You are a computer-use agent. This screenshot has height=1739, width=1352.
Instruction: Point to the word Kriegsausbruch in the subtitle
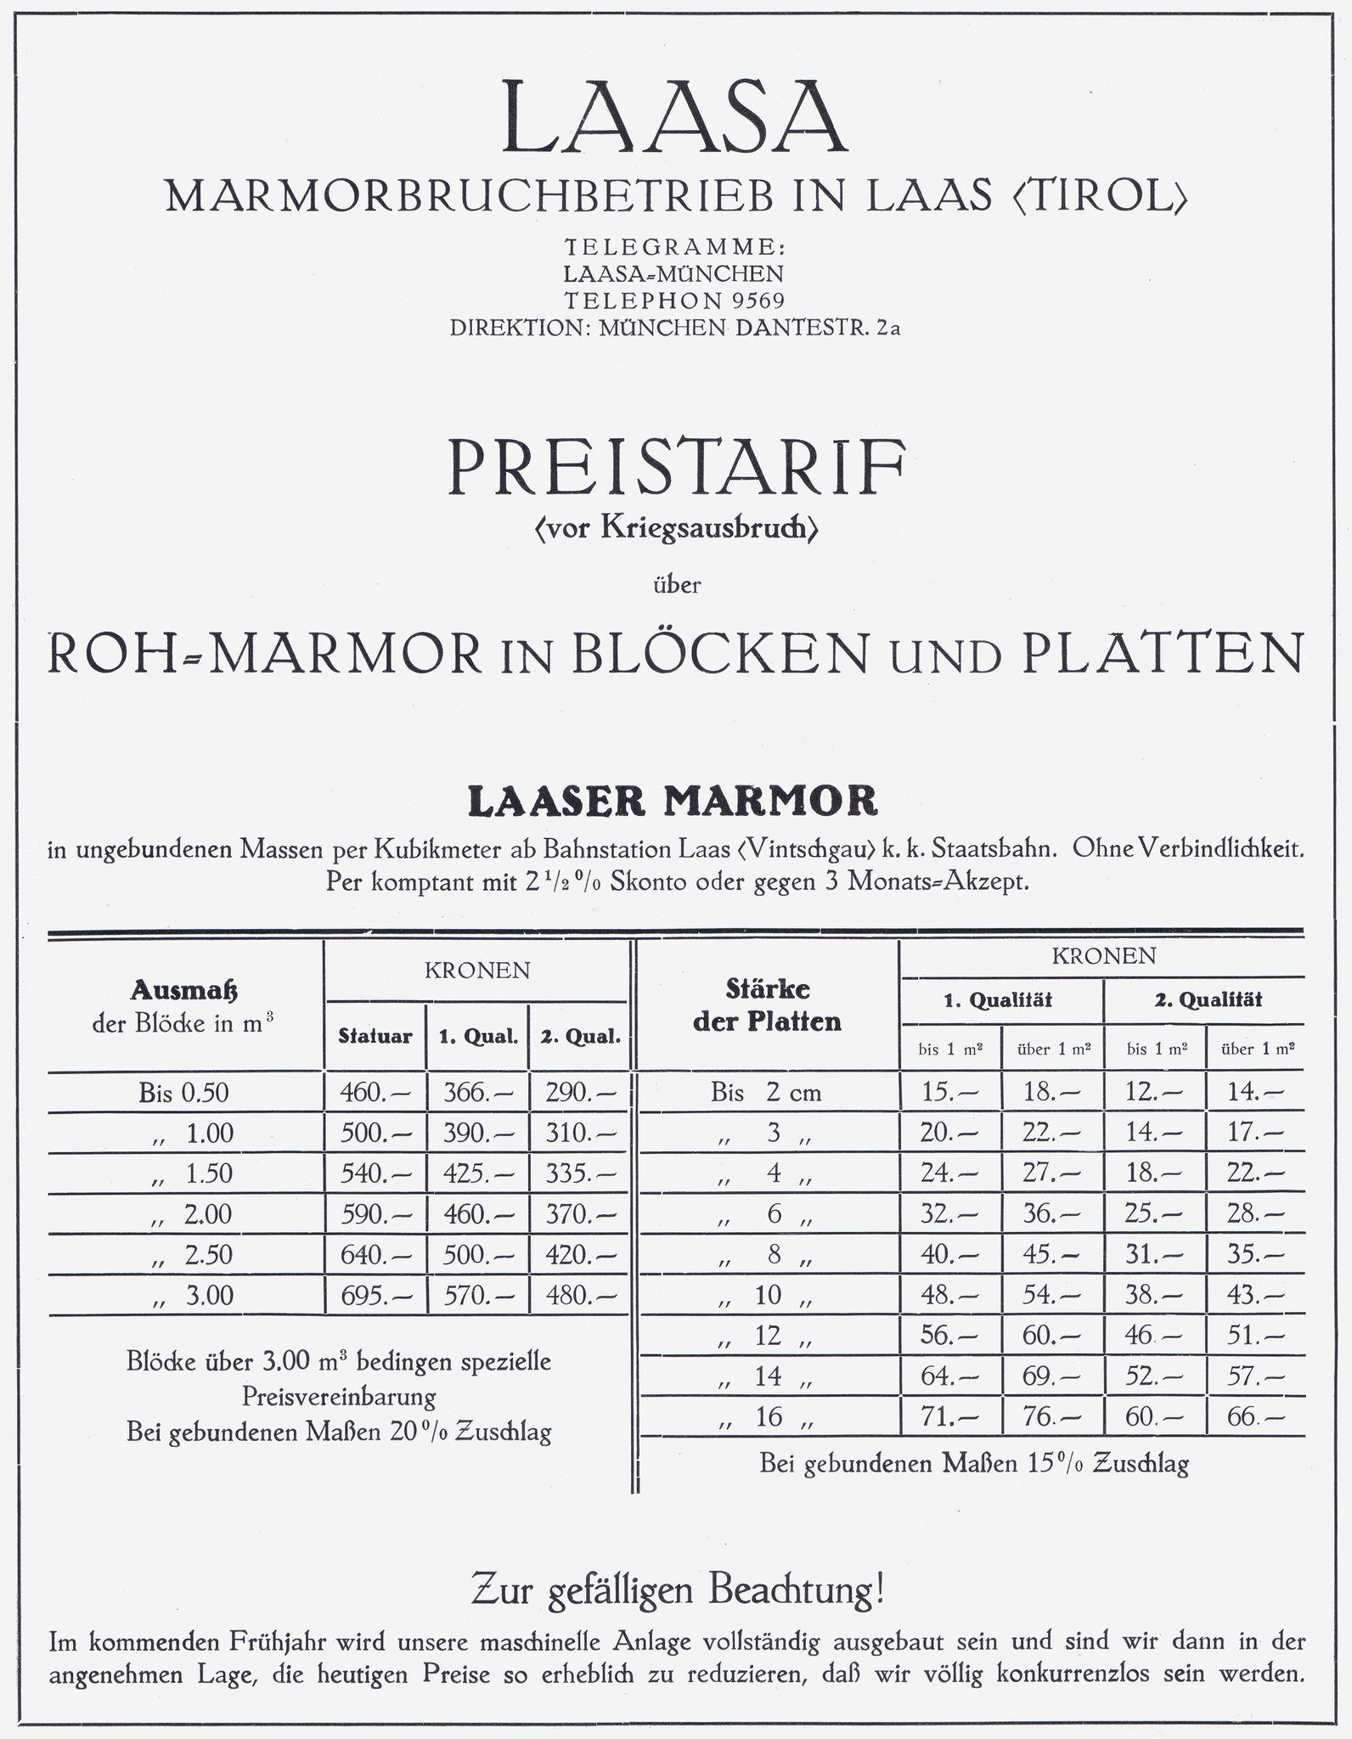[708, 528]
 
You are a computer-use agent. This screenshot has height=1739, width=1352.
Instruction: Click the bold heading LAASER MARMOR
[673, 801]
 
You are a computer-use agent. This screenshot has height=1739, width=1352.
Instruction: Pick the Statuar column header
[375, 1036]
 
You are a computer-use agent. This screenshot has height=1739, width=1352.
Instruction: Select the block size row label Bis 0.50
[183, 1093]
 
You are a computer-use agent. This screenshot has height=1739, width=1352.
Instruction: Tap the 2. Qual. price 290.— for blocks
[579, 1093]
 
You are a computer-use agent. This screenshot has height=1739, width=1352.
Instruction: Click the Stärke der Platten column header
[767, 1005]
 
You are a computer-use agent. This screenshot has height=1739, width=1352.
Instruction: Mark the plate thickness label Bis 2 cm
[766, 1093]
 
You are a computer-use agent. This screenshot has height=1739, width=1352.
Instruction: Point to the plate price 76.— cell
[1051, 1417]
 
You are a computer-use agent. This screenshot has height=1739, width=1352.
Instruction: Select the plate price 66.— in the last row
[1255, 1417]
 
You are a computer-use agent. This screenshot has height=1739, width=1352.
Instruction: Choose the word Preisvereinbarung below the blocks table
[338, 1397]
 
